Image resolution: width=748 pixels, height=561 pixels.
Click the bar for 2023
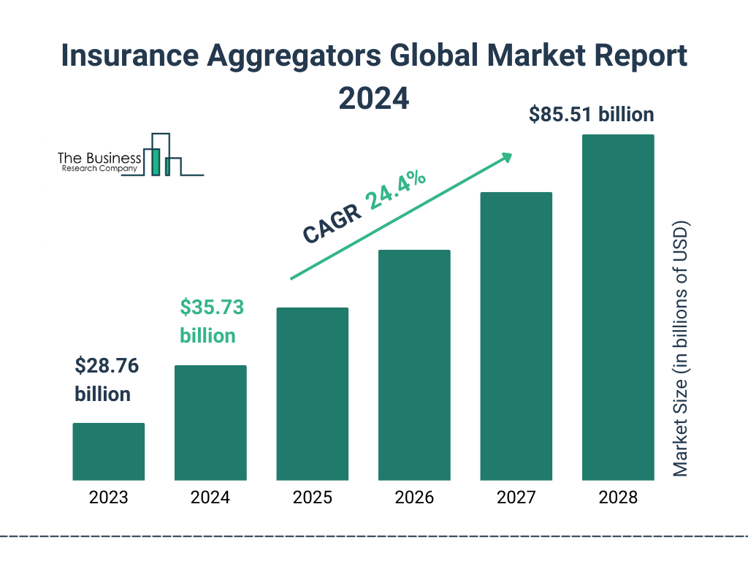click(x=108, y=451)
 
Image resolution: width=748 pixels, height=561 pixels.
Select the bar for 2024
click(x=210, y=422)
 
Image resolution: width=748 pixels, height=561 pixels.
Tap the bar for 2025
click(x=312, y=394)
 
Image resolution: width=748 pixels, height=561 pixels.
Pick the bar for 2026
click(x=414, y=365)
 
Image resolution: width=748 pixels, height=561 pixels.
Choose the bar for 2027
click(x=516, y=336)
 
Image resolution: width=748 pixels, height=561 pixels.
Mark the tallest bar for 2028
click(x=618, y=308)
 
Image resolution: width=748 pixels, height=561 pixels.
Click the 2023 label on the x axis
click(x=108, y=498)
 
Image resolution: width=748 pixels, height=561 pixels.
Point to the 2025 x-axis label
click(x=312, y=498)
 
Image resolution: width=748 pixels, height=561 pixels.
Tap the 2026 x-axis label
click(x=414, y=498)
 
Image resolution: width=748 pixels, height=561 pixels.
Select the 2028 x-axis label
click(x=618, y=498)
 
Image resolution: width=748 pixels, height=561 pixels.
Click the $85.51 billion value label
click(x=592, y=115)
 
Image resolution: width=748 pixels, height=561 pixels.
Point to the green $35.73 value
click(x=212, y=307)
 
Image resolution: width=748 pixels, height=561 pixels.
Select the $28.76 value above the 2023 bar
click(x=107, y=365)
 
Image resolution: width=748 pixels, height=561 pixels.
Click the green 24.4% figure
click(x=397, y=191)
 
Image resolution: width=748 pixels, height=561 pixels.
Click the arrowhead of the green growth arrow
click(x=506, y=157)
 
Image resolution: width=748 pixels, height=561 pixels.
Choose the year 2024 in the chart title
click(x=373, y=99)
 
